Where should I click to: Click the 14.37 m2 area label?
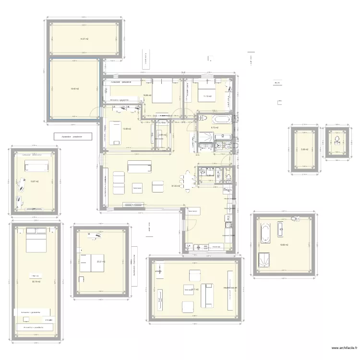[x=84, y=39]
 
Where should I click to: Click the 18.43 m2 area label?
[x=75, y=88]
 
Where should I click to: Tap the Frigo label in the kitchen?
[x=228, y=190]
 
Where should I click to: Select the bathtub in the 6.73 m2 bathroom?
[x=221, y=119]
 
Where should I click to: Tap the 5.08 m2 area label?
[x=303, y=149]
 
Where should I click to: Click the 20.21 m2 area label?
[x=100, y=262]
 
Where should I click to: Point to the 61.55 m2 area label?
[x=176, y=186]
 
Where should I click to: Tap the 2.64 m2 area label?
[x=162, y=135]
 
